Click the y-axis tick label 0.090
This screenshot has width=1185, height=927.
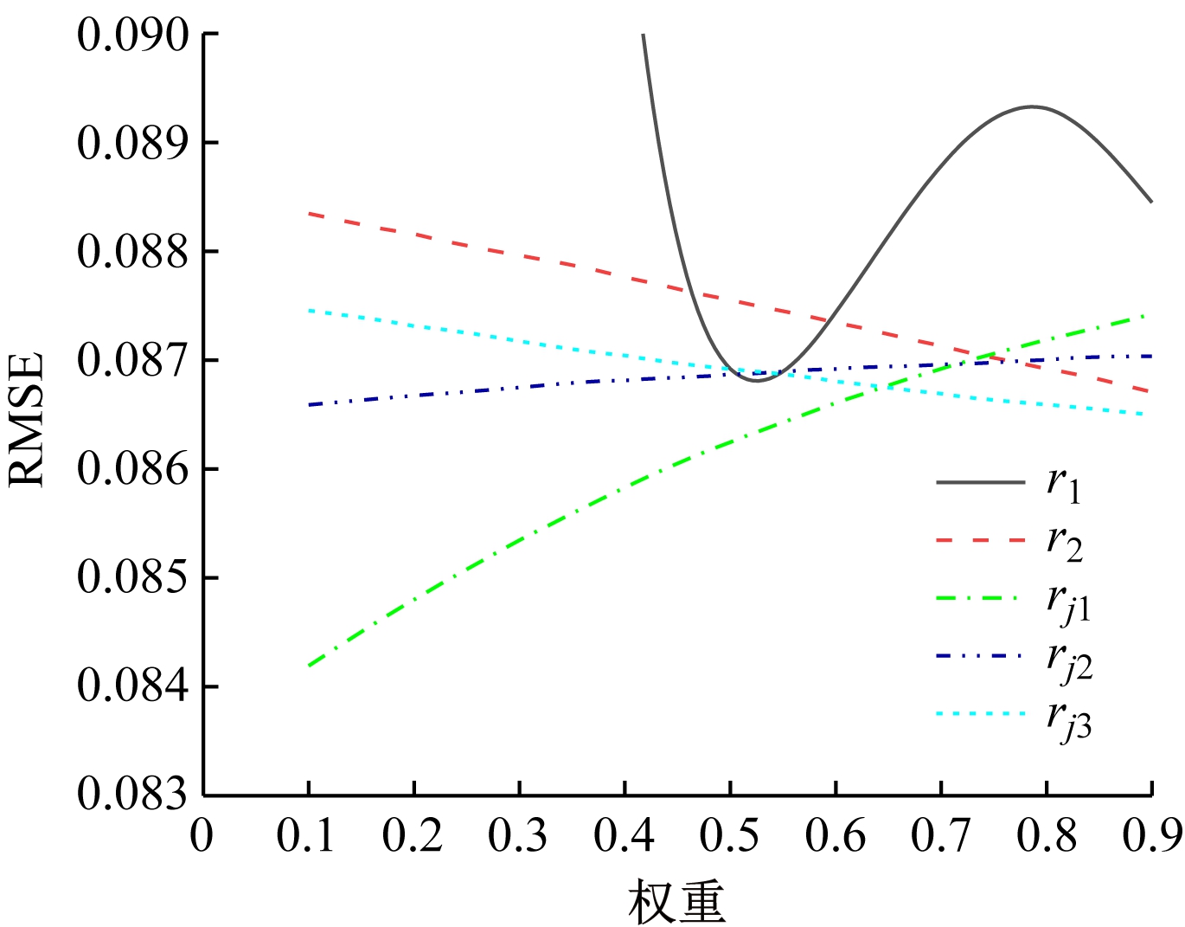(x=132, y=36)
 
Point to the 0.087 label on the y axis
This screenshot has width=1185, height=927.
(x=132, y=361)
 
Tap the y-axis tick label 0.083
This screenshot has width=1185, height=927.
(x=132, y=795)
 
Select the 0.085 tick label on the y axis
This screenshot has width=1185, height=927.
(x=132, y=577)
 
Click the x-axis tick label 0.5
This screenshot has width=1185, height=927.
(x=729, y=836)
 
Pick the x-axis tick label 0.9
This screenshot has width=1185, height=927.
(x=1150, y=836)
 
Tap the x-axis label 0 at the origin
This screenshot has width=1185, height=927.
(x=202, y=836)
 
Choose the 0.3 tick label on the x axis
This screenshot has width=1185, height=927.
(x=518, y=836)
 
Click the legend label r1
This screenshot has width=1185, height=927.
(x=1064, y=485)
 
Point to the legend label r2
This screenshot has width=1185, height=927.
(x=1064, y=543)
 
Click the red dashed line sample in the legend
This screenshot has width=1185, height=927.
(x=980, y=540)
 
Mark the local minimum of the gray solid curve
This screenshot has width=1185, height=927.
(x=756, y=380)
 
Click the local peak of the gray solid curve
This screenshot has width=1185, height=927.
(x=1031, y=106)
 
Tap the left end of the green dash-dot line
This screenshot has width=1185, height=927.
(x=309, y=666)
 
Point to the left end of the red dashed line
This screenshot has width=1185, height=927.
(x=309, y=213)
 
